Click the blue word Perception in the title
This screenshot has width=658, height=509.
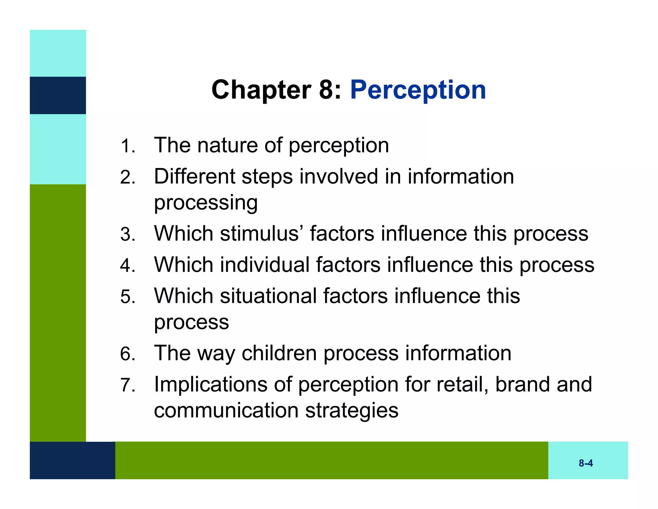click(418, 90)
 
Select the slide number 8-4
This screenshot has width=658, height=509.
click(585, 463)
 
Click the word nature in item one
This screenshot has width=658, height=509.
click(227, 145)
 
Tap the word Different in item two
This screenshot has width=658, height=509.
click(194, 177)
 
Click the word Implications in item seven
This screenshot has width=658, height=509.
click(210, 384)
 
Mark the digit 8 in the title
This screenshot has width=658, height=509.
click(326, 90)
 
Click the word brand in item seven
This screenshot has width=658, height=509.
click(522, 384)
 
